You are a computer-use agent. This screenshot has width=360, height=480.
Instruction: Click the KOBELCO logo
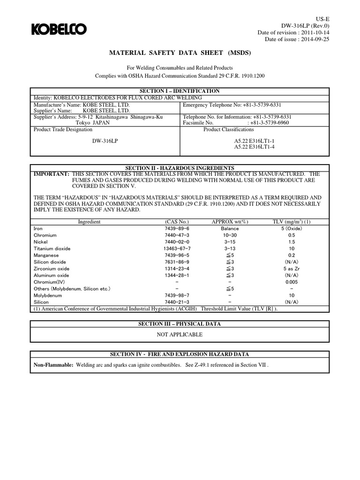59,30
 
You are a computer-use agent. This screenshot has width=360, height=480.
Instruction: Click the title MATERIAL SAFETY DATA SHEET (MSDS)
180,53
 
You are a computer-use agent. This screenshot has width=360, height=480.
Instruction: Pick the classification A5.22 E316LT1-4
254,147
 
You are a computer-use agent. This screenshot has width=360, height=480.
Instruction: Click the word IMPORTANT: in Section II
50,174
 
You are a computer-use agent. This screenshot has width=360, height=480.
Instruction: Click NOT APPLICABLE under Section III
180,335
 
